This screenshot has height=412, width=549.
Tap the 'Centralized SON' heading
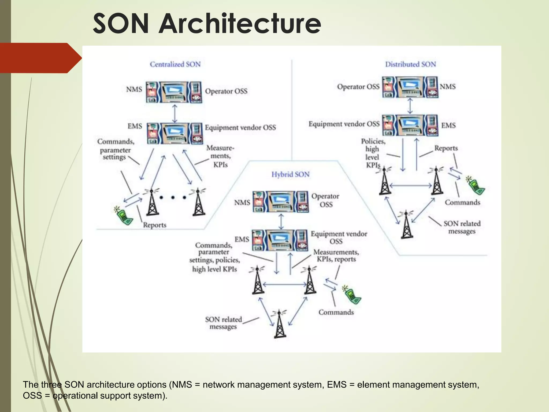pyautogui.click(x=175, y=64)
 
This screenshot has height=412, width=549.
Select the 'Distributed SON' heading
pyautogui.click(x=410, y=64)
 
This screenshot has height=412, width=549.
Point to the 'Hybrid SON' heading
pyautogui.click(x=290, y=175)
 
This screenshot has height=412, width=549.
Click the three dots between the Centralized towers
pyautogui.click(x=173, y=198)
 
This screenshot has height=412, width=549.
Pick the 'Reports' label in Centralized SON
pyautogui.click(x=154, y=225)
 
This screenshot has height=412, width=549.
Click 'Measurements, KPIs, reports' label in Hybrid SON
pyautogui.click(x=336, y=256)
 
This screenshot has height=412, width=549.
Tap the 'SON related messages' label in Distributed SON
pyautogui.click(x=462, y=227)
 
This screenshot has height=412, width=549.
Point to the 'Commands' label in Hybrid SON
pyautogui.click(x=336, y=312)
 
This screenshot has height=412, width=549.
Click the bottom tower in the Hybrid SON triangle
pyautogui.click(x=280, y=324)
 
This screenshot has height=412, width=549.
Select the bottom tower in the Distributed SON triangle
pyautogui.click(x=407, y=225)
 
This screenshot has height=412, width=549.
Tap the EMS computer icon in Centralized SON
pyautogui.click(x=175, y=133)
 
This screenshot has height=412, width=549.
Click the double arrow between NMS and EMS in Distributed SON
pyautogui.click(x=410, y=106)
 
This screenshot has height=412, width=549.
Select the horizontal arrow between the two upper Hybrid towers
pyautogui.click(x=284, y=284)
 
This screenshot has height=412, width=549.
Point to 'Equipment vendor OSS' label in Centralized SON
pyautogui.click(x=240, y=128)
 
